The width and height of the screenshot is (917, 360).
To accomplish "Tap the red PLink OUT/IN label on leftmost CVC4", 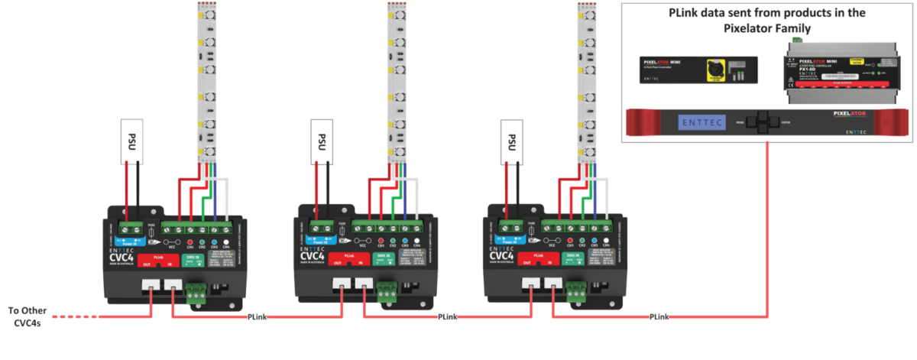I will pyautogui.click(x=161, y=261).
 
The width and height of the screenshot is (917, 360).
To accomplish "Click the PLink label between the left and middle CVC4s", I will pyautogui.click(x=256, y=316).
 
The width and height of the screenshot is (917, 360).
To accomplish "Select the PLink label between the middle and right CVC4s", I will pyautogui.click(x=447, y=316).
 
